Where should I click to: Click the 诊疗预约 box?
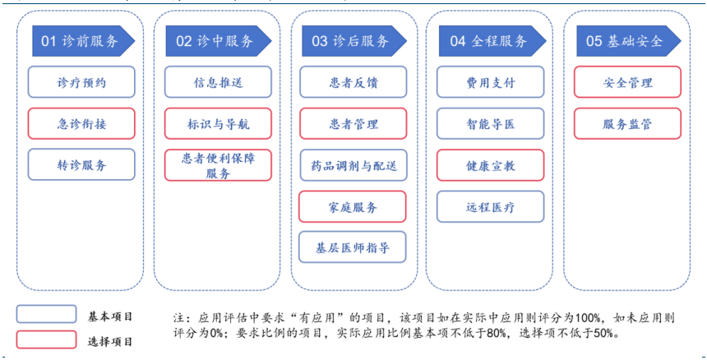tap(81, 83)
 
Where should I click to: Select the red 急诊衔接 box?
tap(81, 124)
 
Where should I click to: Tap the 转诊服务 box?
tap(81, 164)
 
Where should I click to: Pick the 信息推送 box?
tap(218, 83)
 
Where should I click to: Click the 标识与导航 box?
tap(218, 124)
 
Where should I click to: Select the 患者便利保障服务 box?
tap(218, 167)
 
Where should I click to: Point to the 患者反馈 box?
tap(353, 83)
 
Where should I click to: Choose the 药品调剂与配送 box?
tap(353, 165)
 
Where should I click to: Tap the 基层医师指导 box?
tap(353, 247)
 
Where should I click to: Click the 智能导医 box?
tap(489, 124)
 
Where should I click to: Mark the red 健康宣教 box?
tap(489, 165)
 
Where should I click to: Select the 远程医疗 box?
tap(489, 207)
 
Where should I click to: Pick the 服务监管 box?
tap(627, 124)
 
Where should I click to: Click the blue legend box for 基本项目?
tap(46, 314)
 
